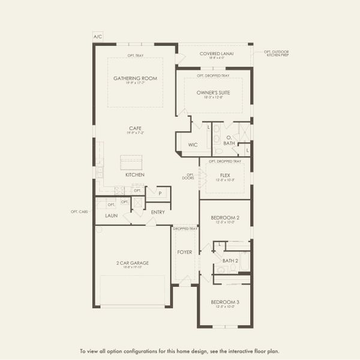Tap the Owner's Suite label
(214, 93)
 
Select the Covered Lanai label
(217, 53)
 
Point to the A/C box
(98, 37)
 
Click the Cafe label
(135, 128)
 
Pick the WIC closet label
(192, 145)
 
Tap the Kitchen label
(135, 175)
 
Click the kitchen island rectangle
(131, 161)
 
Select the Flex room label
(225, 175)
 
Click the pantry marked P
(159, 193)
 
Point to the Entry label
(158, 212)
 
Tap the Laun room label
(112, 215)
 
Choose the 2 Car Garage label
(132, 263)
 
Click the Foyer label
(185, 252)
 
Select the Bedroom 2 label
(224, 218)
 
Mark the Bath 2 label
(230, 260)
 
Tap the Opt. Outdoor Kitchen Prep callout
(277, 53)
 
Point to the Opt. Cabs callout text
(79, 211)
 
